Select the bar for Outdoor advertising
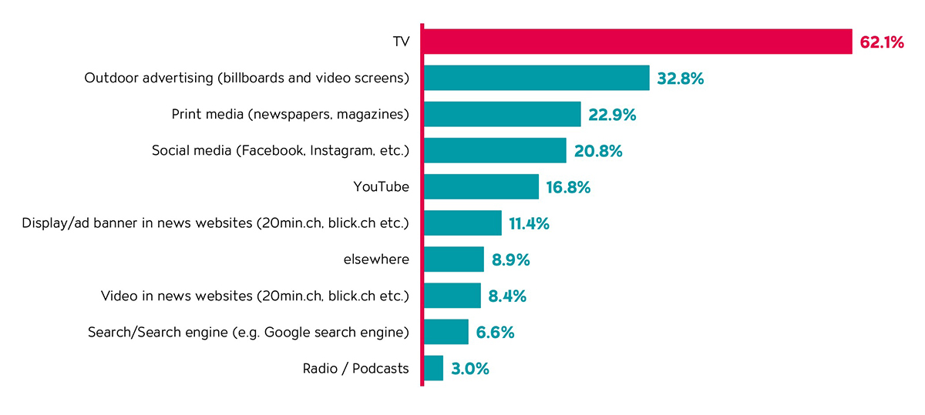[x=536, y=78]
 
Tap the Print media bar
[x=502, y=114]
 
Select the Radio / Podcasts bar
[x=434, y=368]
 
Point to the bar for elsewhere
[x=454, y=259]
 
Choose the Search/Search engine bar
[x=446, y=332]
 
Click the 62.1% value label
[x=881, y=42]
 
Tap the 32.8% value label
[x=681, y=79]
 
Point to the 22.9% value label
[x=612, y=115]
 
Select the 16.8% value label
[x=568, y=187]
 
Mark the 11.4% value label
[x=529, y=224]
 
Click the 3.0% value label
[x=470, y=369]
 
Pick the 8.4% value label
[x=507, y=296]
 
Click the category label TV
[x=401, y=42]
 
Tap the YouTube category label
[x=381, y=186]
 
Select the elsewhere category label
[x=376, y=259]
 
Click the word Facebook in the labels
[x=274, y=150]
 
